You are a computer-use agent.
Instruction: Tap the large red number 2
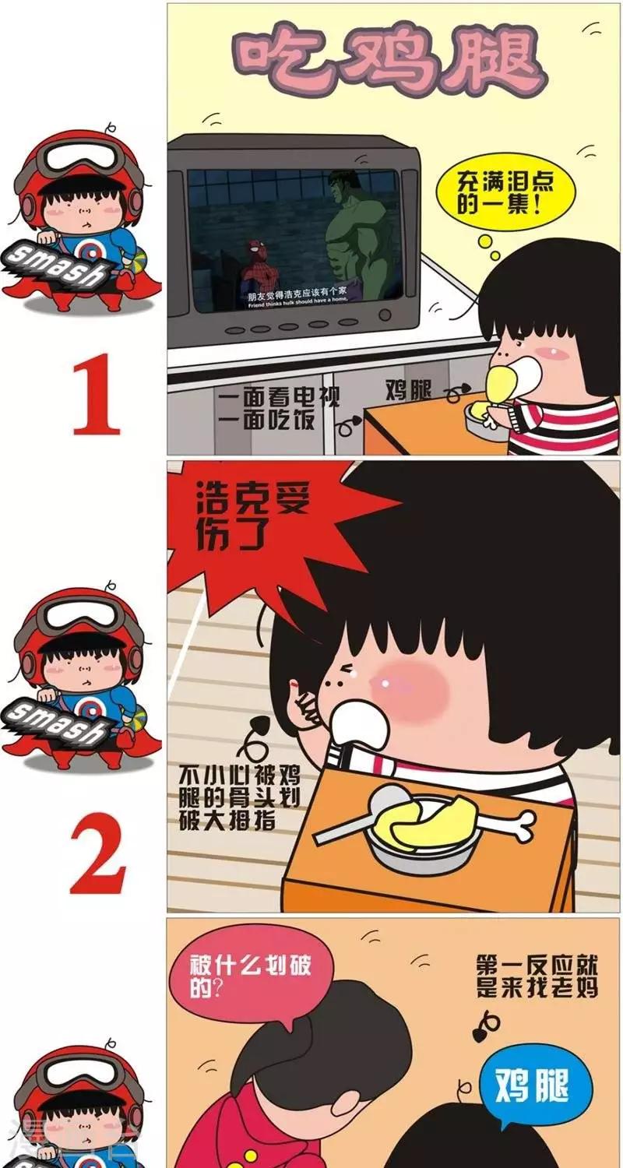pos(97,857)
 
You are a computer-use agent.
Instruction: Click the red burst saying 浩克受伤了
pos(249,518)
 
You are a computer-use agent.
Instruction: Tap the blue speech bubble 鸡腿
pos(535,1084)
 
